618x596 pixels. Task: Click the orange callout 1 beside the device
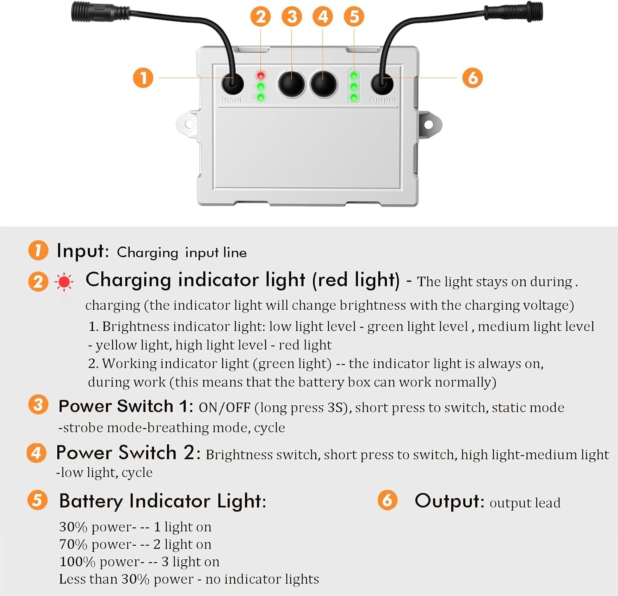pyautogui.click(x=143, y=78)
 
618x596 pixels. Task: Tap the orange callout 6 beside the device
pyautogui.click(x=473, y=78)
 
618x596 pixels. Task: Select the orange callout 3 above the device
pyautogui.click(x=292, y=17)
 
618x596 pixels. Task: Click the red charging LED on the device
pyautogui.click(x=260, y=75)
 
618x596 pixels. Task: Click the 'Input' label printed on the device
pyautogui.click(x=232, y=100)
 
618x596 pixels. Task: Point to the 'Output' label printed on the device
pyautogui.click(x=383, y=100)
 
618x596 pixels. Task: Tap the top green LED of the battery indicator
pyautogui.click(x=354, y=76)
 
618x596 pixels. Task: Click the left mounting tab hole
pyautogui.click(x=189, y=124)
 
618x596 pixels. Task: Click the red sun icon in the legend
pyautogui.click(x=64, y=282)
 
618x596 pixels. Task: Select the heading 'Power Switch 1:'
pyautogui.click(x=126, y=407)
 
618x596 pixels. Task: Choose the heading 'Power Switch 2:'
pyautogui.click(x=128, y=453)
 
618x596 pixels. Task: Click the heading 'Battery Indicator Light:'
pyautogui.click(x=163, y=501)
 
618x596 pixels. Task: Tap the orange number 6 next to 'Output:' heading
pyautogui.click(x=387, y=500)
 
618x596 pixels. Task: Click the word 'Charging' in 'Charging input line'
pyautogui.click(x=147, y=252)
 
